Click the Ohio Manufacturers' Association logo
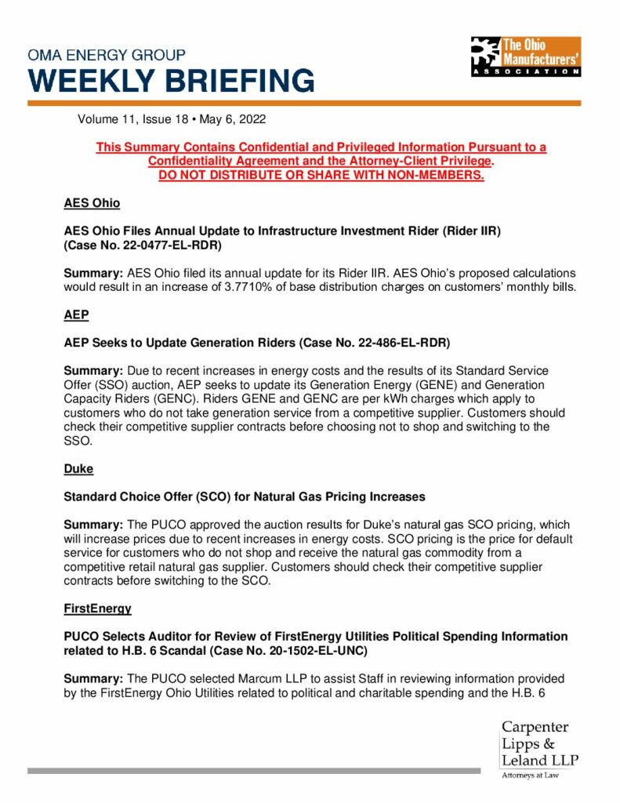(x=525, y=56)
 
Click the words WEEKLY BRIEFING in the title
(x=171, y=81)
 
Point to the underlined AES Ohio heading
(x=92, y=203)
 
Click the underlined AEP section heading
(x=76, y=314)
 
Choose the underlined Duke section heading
(x=78, y=468)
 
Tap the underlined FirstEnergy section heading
(x=98, y=608)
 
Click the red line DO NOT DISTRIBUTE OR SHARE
(x=321, y=175)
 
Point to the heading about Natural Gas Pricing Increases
(x=245, y=496)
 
